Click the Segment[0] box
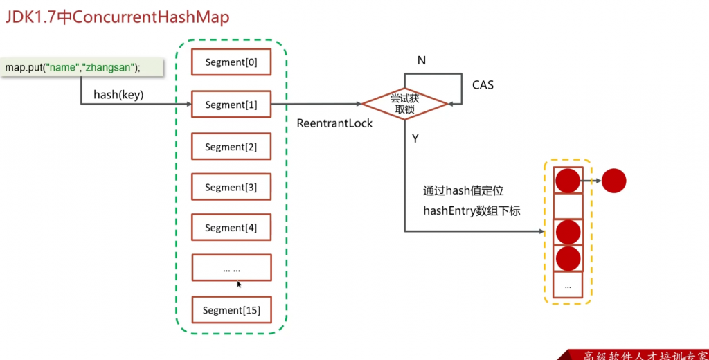click(x=231, y=63)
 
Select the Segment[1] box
click(x=231, y=105)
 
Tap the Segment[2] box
click(x=231, y=147)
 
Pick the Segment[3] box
click(x=231, y=187)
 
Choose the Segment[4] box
click(x=231, y=227)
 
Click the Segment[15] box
click(x=231, y=310)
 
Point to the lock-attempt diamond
click(x=405, y=104)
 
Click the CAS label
click(x=483, y=85)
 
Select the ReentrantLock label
click(x=334, y=123)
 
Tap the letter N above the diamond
click(x=421, y=61)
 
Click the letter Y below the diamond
click(x=415, y=138)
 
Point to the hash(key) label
click(x=118, y=96)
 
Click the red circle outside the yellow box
click(x=613, y=181)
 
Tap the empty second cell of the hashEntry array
click(x=568, y=206)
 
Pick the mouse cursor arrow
click(x=239, y=284)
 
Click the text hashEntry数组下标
click(x=471, y=211)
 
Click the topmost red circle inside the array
click(x=568, y=181)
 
